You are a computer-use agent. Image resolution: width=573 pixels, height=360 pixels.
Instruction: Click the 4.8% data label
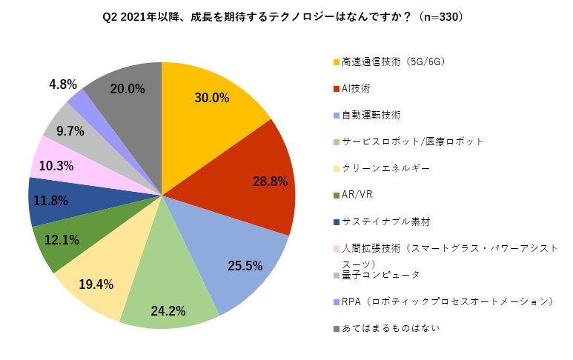pos(63,84)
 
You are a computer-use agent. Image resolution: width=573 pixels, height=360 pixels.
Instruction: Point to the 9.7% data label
pos(70,131)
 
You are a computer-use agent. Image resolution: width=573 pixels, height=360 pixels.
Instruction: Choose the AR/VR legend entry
pos(358,195)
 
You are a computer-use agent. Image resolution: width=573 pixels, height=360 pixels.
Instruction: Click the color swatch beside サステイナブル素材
pos(336,221)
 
